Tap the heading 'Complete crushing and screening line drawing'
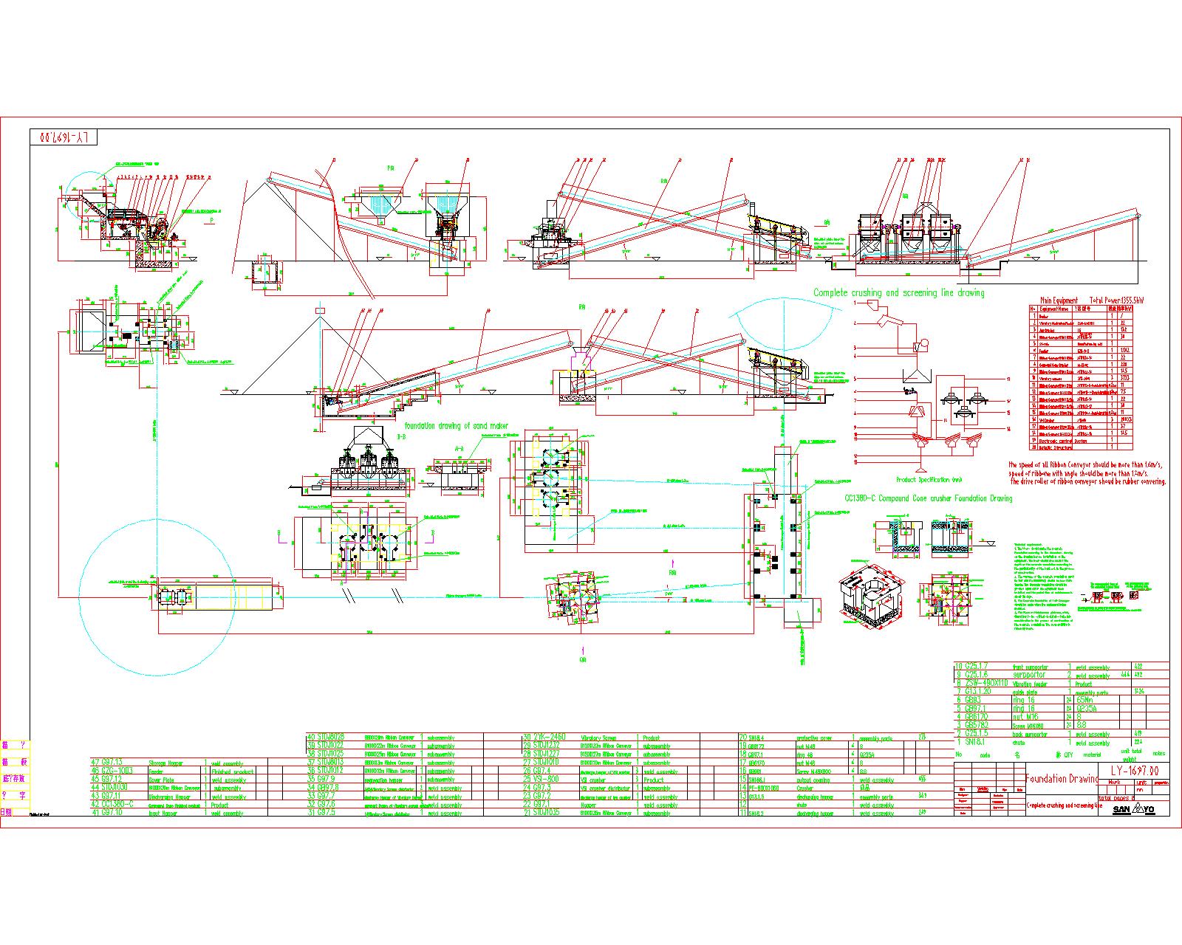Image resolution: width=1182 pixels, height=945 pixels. pos(898,293)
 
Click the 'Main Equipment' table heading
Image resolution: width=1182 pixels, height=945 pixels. pos(1059,300)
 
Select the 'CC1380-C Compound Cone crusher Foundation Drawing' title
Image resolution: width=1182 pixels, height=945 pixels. pos(928,498)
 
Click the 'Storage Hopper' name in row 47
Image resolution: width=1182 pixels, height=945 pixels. pos(166,763)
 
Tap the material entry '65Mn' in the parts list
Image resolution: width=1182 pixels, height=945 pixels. pos(1087,700)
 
